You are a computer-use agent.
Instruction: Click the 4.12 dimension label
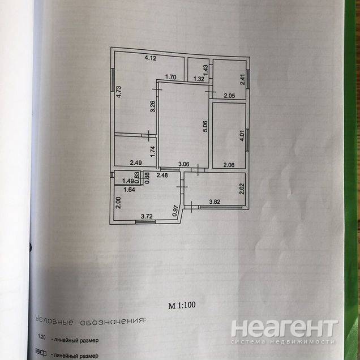tap(151, 58)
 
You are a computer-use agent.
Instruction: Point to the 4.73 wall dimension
tap(119, 92)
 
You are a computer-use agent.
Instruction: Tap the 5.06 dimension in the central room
tap(205, 126)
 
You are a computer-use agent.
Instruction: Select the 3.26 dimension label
tap(153, 106)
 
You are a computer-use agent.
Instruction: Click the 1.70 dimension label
tap(171, 77)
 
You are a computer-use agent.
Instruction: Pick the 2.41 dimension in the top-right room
tap(242, 79)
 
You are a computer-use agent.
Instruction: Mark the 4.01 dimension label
tap(242, 136)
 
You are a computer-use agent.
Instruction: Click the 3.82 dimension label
tap(215, 202)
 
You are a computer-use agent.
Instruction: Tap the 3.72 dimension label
tap(147, 216)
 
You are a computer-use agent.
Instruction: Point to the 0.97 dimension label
tap(175, 211)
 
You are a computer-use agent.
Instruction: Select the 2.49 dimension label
tap(136, 163)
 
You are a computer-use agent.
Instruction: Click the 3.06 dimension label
tap(184, 164)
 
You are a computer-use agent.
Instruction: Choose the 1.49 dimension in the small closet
tap(128, 181)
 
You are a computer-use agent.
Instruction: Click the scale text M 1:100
tap(182, 305)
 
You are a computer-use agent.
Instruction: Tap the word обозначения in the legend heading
tap(112, 322)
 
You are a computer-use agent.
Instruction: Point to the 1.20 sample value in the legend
tap(41, 337)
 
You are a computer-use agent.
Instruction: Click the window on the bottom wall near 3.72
tap(145, 221)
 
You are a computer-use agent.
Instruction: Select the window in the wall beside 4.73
tap(113, 80)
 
